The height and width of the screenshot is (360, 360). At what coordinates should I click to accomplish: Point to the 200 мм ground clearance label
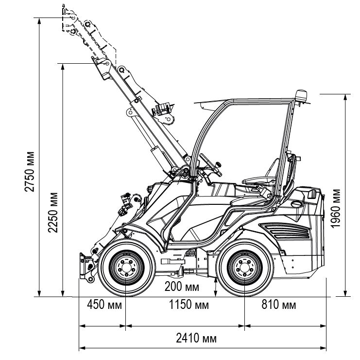point(182,286)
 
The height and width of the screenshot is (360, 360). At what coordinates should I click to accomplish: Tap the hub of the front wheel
point(125,269)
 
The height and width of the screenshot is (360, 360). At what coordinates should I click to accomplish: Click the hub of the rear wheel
point(244,269)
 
